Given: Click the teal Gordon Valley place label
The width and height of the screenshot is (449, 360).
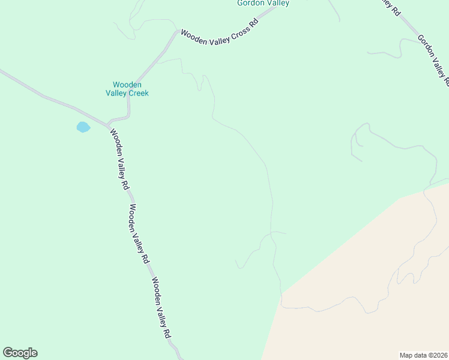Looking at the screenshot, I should click(x=263, y=4).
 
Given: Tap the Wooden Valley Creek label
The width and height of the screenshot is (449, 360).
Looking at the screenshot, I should click(x=127, y=89).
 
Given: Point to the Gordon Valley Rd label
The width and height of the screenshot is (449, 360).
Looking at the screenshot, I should click(x=433, y=61).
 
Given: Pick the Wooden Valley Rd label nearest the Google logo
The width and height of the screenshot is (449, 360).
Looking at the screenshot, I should click(x=162, y=308).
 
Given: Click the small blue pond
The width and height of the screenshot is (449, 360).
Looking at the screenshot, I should click(x=83, y=127).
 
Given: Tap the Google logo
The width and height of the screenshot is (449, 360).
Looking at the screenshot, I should click(x=20, y=353).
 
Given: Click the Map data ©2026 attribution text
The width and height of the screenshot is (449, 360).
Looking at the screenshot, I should click(x=423, y=355).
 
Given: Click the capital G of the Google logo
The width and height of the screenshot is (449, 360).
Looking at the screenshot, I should click(x=8, y=353).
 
